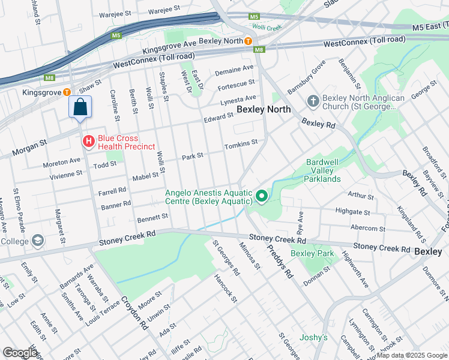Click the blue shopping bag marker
coord(80,108)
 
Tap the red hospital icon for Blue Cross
coord(88,142)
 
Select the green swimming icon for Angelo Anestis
coord(261,196)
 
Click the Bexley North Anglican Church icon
coord(313,102)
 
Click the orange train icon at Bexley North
coord(247,41)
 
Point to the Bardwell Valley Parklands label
coord(324,170)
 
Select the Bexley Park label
coord(312,254)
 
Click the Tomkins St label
coord(241,145)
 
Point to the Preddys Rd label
coord(280,263)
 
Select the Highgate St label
coord(352,212)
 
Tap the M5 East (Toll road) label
coord(430,27)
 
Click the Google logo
coord(19,353)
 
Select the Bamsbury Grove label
coord(306,77)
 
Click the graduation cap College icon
coord(38,241)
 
